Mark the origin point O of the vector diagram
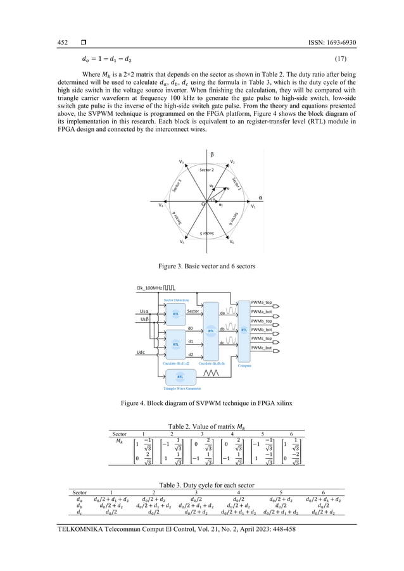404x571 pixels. point(203,204)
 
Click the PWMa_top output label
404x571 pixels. point(262,303)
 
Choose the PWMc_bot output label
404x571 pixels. point(262,348)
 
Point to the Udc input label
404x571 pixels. point(144,351)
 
